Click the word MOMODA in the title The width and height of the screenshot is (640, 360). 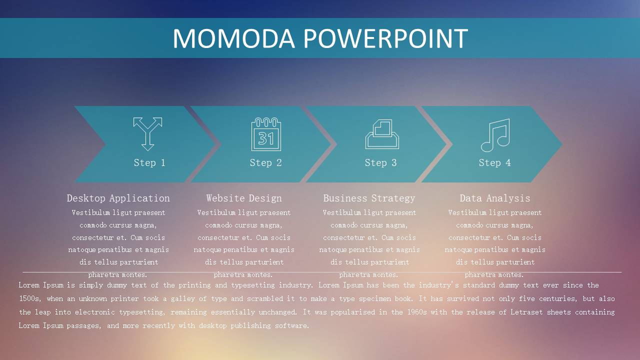tap(233, 38)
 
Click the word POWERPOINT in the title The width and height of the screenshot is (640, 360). tap(385, 38)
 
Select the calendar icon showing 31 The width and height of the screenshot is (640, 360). tap(266, 134)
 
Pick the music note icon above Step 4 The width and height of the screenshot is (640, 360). tap(495, 135)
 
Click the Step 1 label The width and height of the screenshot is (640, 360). tap(149, 163)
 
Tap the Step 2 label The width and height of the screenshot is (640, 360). tap(265, 163)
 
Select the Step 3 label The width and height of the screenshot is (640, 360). tap(380, 163)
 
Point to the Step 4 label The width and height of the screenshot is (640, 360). tap(494, 163)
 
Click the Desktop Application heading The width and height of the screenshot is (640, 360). tap(118, 198)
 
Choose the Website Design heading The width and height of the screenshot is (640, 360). tap(244, 198)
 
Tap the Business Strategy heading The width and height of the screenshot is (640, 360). tap(369, 198)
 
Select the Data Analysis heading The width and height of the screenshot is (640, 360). tap(495, 198)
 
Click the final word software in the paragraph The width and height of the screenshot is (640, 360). tap(292, 325)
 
